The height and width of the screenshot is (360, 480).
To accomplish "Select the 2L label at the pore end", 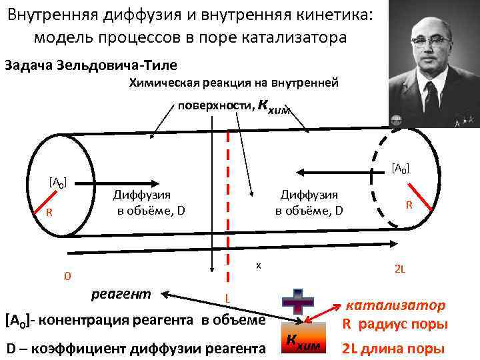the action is pyautogui.click(x=400, y=269).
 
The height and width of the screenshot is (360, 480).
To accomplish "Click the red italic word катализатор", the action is pyautogui.click(x=395, y=305).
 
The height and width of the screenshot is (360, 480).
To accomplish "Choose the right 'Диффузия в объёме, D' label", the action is pyautogui.click(x=309, y=202).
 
